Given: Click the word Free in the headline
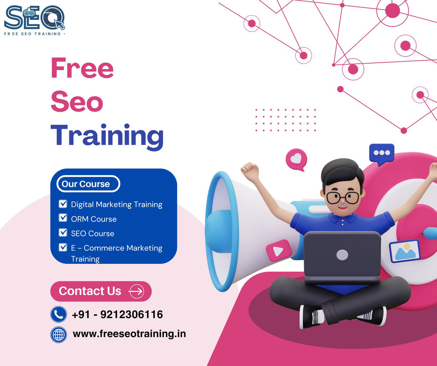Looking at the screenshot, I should coord(82,68).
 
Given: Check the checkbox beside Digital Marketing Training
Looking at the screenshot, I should coord(63,204).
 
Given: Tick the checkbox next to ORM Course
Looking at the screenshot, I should coord(63,218).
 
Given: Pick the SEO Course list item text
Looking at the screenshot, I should coord(93,234).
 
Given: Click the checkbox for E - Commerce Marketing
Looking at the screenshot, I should coord(63,247).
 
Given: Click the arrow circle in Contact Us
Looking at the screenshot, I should coord(136,291).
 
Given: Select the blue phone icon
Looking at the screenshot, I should coord(58,314).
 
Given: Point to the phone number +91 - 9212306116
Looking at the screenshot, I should coord(117,314).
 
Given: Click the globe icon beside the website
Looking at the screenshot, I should coord(58,334).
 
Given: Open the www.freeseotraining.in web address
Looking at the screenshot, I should coord(129,334).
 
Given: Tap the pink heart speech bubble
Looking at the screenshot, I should coord(296,159).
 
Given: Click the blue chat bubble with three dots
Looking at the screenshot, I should coord(381,154).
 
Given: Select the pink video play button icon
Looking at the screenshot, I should coord(278,250).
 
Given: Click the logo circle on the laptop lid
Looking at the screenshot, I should coord(342,255).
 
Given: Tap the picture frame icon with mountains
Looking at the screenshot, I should coord(405,251).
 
